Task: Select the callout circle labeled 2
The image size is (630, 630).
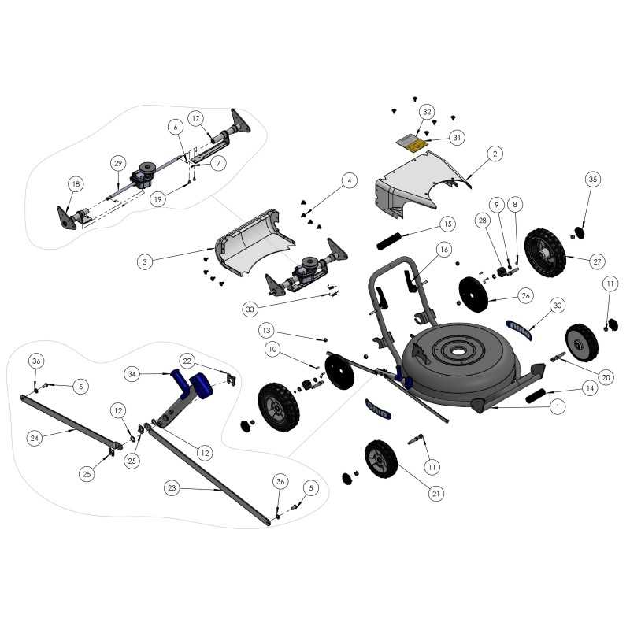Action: (495, 154)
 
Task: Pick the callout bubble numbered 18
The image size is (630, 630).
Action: (75, 184)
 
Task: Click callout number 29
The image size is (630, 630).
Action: (117, 163)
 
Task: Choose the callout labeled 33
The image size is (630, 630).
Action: (250, 309)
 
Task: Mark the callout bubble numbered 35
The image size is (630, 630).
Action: (592, 180)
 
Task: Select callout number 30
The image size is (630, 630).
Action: (558, 305)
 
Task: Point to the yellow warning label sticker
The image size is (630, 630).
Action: (411, 143)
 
